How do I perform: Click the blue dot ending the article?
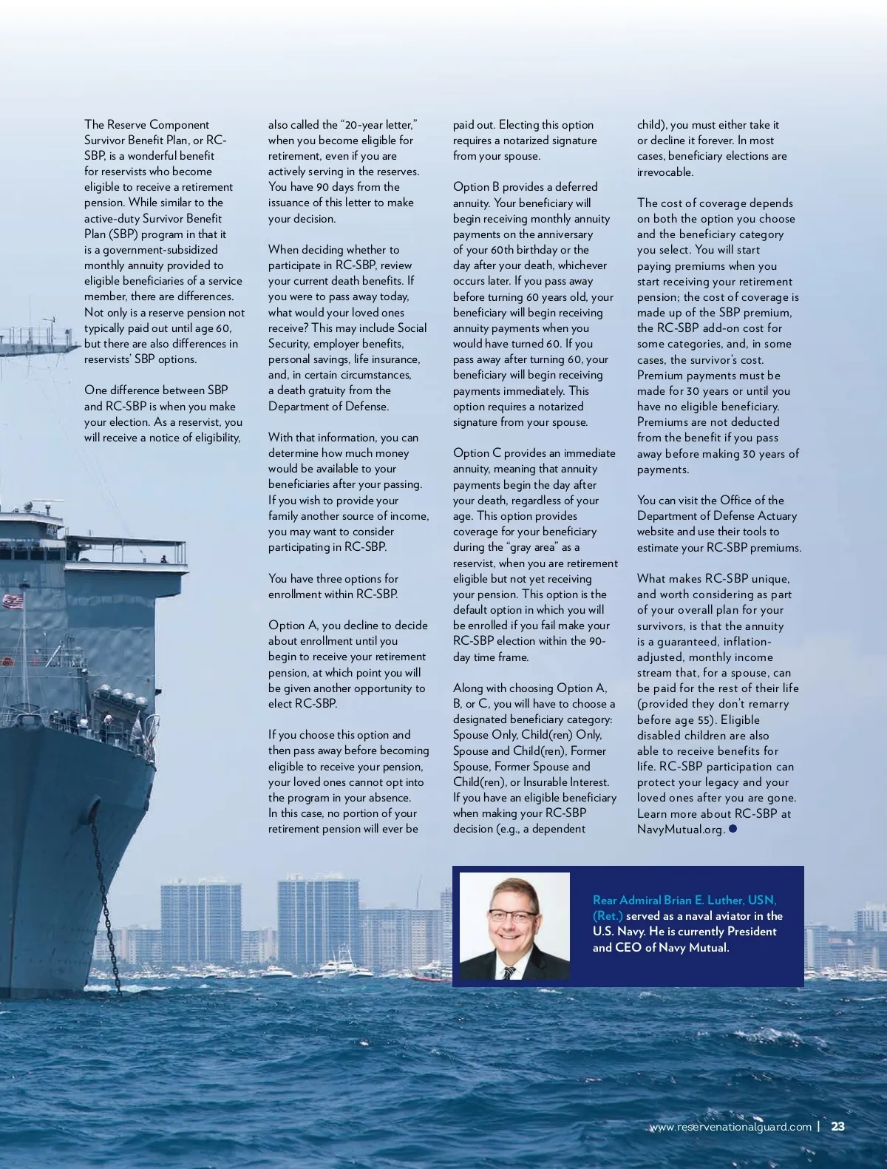pyautogui.click(x=733, y=829)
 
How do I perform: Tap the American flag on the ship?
pyautogui.click(x=12, y=601)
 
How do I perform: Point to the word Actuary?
pyautogui.click(x=775, y=516)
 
